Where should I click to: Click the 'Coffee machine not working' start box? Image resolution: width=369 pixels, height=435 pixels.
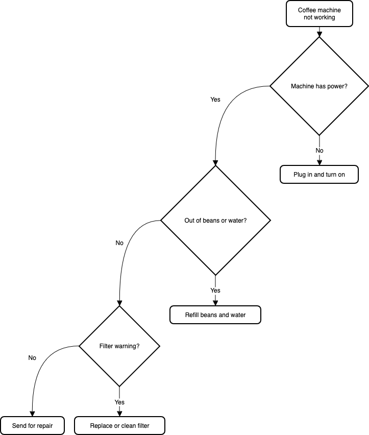pyautogui.click(x=319, y=14)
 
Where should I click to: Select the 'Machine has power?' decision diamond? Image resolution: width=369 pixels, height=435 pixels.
pyautogui.click(x=319, y=86)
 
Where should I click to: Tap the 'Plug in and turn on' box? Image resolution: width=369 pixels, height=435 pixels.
pyautogui.click(x=319, y=174)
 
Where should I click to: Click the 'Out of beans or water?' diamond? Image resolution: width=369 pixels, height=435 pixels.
pyautogui.click(x=215, y=221)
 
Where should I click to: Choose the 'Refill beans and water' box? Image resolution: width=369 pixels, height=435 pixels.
pyautogui.click(x=215, y=315)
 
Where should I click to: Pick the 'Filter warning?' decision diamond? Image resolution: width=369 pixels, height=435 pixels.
pyautogui.click(x=119, y=346)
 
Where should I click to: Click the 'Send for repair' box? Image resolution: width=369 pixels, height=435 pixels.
pyautogui.click(x=33, y=426)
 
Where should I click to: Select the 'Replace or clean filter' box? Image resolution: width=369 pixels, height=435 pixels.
pyautogui.click(x=119, y=426)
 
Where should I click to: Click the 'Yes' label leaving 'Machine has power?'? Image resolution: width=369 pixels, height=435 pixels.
pyautogui.click(x=215, y=100)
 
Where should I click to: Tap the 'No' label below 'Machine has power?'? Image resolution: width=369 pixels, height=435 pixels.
pyautogui.click(x=319, y=151)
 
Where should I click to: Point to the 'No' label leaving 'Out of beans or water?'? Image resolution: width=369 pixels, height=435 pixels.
pyautogui.click(x=119, y=243)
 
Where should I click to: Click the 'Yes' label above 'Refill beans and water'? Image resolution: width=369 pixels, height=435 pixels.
pyautogui.click(x=215, y=291)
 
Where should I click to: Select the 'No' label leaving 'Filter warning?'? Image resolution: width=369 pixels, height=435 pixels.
pyautogui.click(x=32, y=358)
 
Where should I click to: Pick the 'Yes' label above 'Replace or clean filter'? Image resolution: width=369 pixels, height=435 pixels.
pyautogui.click(x=119, y=402)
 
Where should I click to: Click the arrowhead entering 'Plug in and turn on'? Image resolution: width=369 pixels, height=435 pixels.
pyautogui.click(x=319, y=162)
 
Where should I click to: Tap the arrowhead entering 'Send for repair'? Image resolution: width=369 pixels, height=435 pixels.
pyautogui.click(x=33, y=414)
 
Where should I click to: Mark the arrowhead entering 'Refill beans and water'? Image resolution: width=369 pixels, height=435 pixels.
pyautogui.click(x=215, y=303)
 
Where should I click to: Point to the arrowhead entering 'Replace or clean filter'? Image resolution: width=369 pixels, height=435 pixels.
pyautogui.click(x=119, y=414)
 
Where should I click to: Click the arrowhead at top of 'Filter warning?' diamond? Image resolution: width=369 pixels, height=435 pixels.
pyautogui.click(x=119, y=303)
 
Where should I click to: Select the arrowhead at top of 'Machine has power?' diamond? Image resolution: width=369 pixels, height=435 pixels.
pyautogui.click(x=319, y=34)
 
